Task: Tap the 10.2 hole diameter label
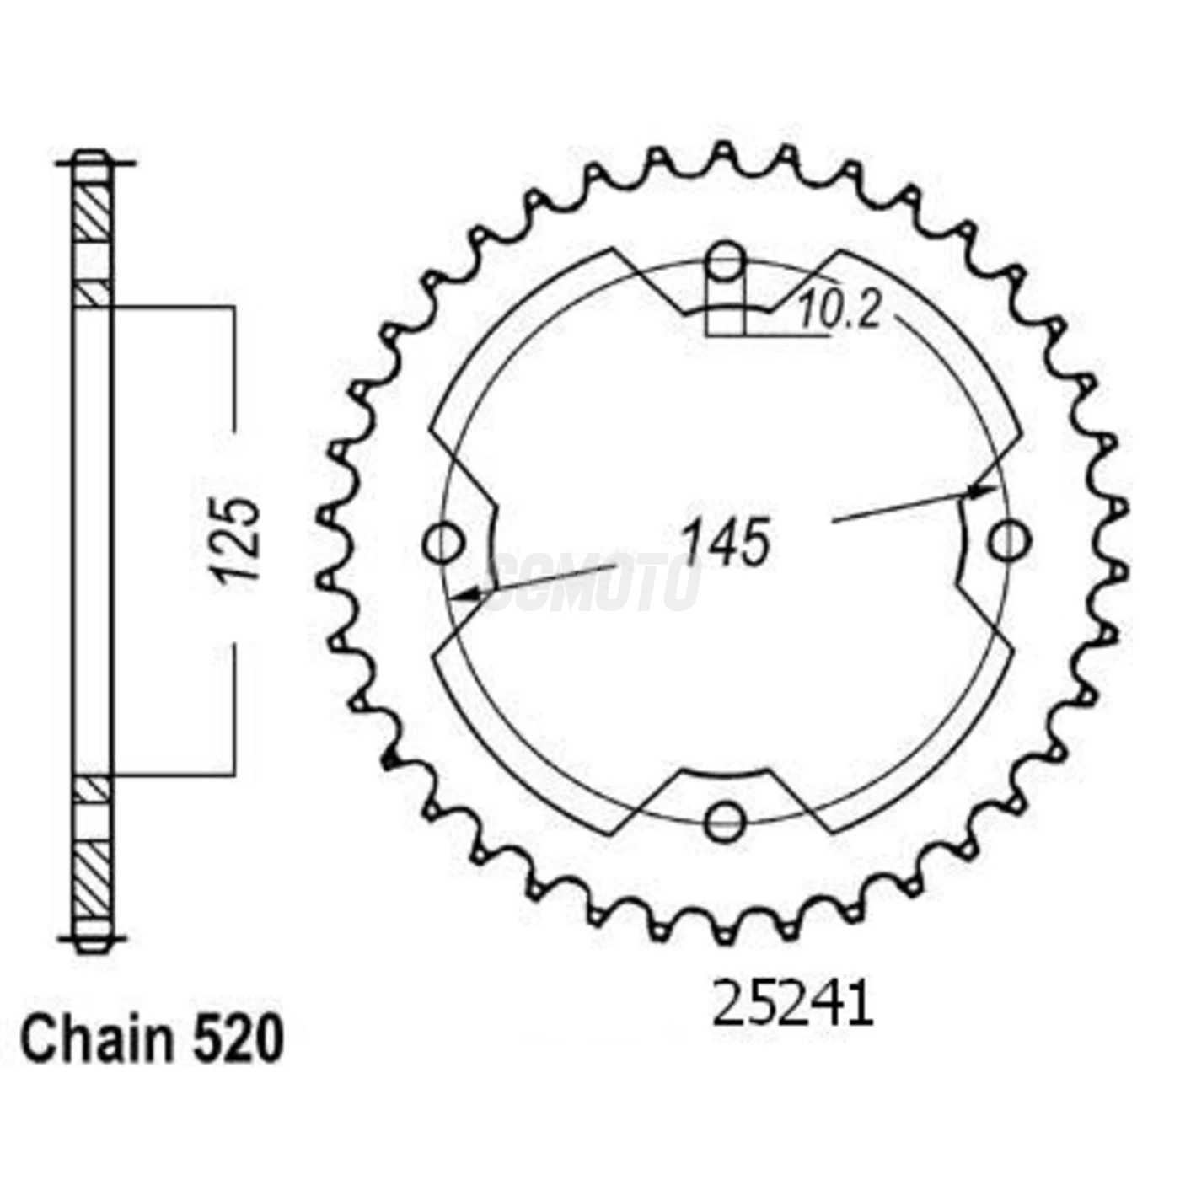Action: tap(839, 313)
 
